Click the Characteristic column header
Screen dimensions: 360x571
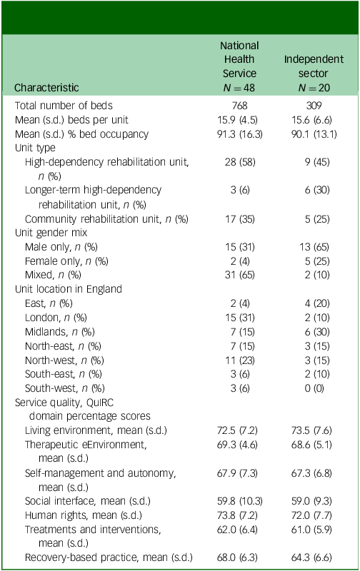click(46, 88)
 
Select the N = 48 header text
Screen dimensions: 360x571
click(239, 88)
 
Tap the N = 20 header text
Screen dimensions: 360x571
click(314, 88)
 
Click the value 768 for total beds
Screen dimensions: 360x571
click(239, 106)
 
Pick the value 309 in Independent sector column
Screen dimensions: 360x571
click(314, 106)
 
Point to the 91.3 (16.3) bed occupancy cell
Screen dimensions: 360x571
click(239, 134)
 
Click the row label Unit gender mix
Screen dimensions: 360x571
click(51, 233)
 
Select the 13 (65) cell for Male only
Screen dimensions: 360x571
click(314, 247)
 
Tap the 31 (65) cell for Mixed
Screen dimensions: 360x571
click(239, 275)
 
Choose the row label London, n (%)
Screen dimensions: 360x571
click(56, 318)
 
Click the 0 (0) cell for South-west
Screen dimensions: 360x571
click(314, 388)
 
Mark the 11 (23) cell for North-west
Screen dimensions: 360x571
click(239, 360)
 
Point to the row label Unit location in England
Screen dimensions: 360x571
click(68, 289)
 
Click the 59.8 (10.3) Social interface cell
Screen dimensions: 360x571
click(239, 501)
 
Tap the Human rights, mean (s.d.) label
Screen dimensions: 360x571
click(84, 515)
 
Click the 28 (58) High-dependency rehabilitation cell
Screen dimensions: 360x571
click(240, 162)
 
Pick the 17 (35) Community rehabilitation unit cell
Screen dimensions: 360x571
click(239, 219)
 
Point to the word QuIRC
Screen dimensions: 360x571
click(100, 403)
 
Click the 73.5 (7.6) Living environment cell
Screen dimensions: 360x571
click(311, 430)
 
